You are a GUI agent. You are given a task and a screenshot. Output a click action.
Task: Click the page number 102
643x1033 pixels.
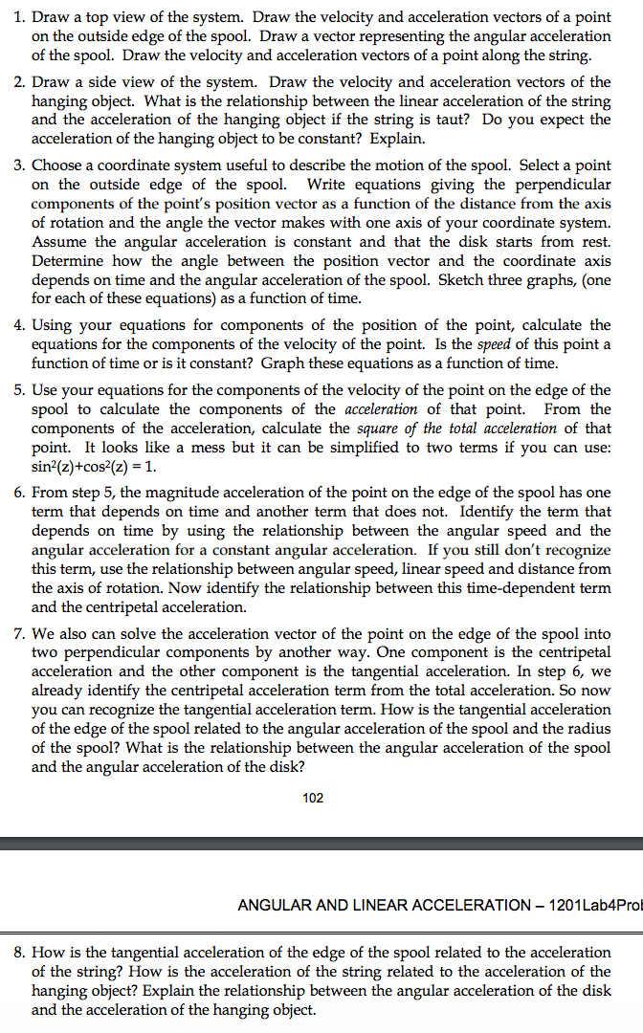[x=311, y=799]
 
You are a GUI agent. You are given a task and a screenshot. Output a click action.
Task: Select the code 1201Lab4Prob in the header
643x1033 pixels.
[x=594, y=905]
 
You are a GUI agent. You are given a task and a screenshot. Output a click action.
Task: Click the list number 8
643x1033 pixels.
[x=19, y=953]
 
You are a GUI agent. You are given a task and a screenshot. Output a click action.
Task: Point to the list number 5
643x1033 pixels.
[x=19, y=389]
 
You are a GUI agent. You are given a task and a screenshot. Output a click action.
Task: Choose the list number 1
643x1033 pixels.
[x=19, y=16]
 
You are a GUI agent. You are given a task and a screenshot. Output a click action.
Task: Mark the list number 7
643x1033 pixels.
[x=19, y=633]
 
